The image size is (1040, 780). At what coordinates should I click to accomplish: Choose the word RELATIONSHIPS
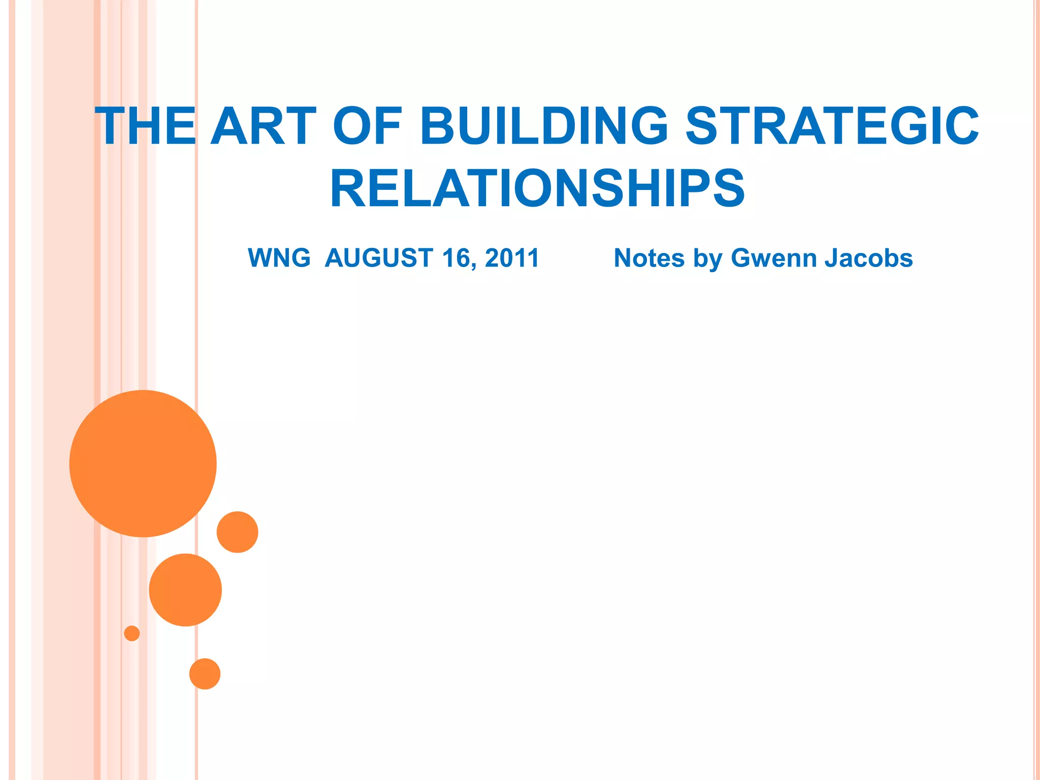537,188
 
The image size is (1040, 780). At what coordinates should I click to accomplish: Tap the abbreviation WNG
279,258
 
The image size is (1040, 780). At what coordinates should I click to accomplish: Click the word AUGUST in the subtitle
379,258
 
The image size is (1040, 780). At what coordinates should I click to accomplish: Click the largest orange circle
143,463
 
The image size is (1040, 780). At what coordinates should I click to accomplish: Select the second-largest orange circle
185,590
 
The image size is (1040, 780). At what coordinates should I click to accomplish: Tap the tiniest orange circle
132,633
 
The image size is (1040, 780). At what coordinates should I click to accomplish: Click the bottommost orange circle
205,674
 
